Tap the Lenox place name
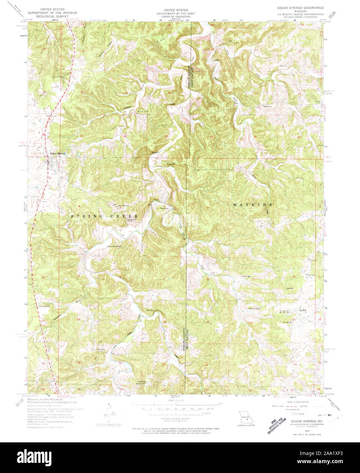click(302, 310)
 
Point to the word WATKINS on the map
click(252, 205)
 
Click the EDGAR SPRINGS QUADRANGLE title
click(300, 7)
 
